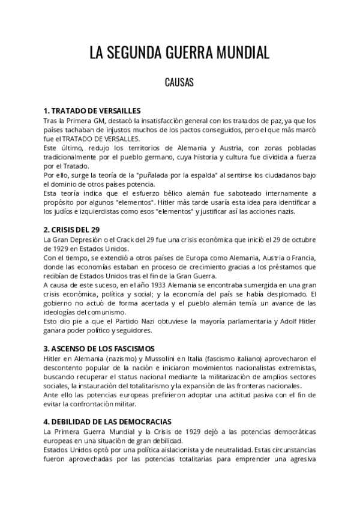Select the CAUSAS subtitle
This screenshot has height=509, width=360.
coord(179,83)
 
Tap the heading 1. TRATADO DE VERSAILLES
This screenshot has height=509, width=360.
coord(92,111)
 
